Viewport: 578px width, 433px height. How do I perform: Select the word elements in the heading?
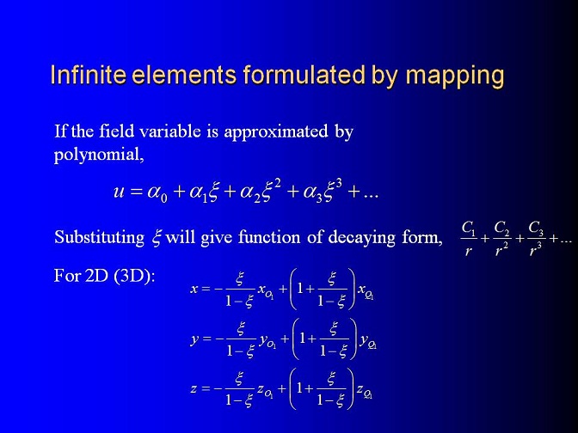point(184,75)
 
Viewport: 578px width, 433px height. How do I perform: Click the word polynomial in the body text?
point(99,155)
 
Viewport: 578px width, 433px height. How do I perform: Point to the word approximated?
point(276,131)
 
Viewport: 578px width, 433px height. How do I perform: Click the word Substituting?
point(100,238)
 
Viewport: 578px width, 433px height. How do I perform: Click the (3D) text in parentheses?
point(134,276)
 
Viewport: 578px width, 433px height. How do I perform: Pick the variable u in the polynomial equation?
point(119,192)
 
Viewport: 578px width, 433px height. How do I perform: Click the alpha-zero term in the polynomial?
point(157,193)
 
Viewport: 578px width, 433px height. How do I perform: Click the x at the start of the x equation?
point(194,289)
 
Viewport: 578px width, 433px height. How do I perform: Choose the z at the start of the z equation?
point(194,389)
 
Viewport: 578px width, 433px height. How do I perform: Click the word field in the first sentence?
point(116,131)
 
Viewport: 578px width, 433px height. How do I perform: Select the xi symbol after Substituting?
point(157,238)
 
